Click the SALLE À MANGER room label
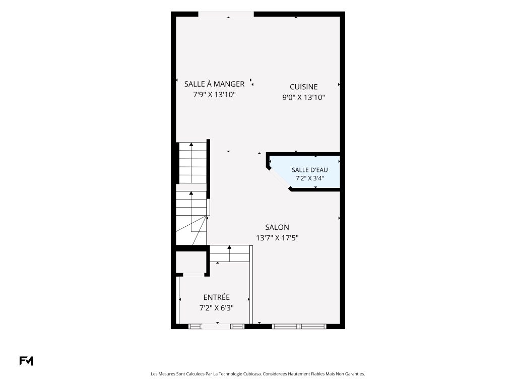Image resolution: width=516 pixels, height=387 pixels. click(214, 84)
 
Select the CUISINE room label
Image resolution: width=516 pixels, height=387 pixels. click(303, 87)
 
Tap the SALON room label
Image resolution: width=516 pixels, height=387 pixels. click(277, 227)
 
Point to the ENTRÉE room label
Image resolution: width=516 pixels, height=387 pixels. click(216, 297)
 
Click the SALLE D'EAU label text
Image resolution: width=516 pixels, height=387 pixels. click(310, 170)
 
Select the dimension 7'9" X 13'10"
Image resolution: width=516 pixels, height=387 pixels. click(214, 95)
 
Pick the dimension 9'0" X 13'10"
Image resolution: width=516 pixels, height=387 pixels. click(303, 97)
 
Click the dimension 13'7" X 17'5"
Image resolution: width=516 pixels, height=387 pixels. click(277, 238)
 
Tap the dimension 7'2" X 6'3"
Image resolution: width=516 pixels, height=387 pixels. click(216, 308)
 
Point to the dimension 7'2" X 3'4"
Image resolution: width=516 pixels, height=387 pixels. click(310, 178)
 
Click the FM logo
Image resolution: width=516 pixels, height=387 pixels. click(26, 361)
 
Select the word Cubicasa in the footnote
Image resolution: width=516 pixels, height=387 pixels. click(253, 374)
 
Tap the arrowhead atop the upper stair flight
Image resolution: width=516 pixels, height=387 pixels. click(191, 144)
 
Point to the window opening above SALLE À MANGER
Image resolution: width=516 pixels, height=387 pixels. click(226, 14)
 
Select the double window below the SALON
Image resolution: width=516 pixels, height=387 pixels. click(299, 327)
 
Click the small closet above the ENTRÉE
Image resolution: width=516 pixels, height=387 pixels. click(191, 262)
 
